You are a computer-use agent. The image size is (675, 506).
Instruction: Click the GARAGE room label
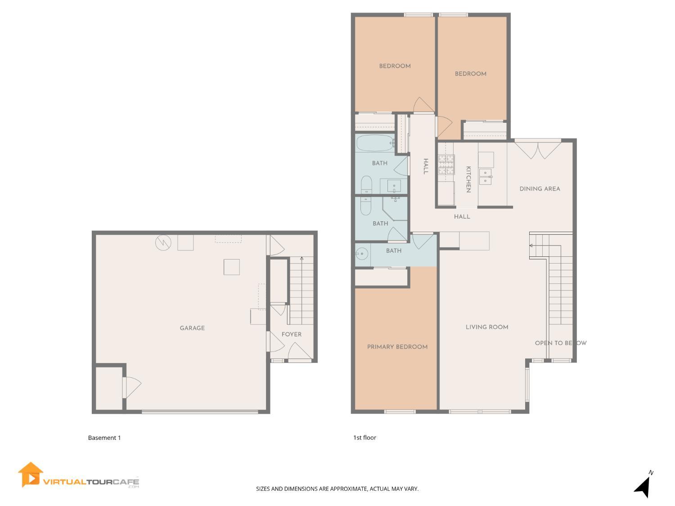point(192,328)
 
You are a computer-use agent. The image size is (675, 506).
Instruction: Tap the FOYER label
point(292,335)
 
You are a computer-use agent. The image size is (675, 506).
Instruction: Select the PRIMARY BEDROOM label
point(397,347)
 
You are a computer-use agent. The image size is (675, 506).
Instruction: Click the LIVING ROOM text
point(487,327)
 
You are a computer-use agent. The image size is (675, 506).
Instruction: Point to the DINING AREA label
point(540,189)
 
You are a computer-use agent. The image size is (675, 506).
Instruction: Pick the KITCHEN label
point(468,179)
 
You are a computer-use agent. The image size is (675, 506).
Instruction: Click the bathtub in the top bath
point(375,143)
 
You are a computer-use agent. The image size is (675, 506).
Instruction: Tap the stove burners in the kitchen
point(446,164)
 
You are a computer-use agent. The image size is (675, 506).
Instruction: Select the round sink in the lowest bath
point(361,254)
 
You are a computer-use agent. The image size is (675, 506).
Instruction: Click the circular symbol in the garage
point(163,243)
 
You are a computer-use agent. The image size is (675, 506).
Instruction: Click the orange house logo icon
point(31,475)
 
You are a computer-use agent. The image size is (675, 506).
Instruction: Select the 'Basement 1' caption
point(104,438)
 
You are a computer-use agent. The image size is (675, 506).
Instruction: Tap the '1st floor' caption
point(364,438)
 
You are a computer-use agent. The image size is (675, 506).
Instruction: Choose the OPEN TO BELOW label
point(561,343)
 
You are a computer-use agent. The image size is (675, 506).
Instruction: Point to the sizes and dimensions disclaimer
point(337,489)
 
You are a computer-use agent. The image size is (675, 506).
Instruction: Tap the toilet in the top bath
point(366,185)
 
